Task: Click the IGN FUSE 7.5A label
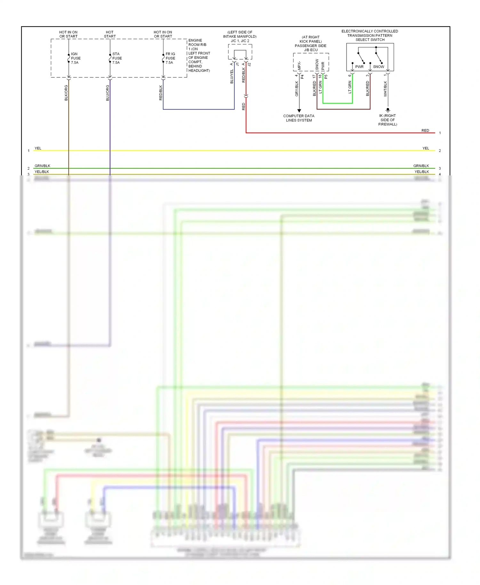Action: tap(76, 58)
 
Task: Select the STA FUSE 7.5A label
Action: tap(117, 58)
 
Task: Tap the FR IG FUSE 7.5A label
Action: tap(170, 58)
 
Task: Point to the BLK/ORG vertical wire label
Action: tap(66, 93)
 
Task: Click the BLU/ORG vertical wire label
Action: tap(108, 93)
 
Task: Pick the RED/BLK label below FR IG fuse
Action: tap(161, 93)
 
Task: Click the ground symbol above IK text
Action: tap(388, 110)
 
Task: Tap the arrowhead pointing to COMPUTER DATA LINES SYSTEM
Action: tap(299, 111)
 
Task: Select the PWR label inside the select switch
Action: tap(359, 67)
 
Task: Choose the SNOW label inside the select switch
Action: tap(379, 67)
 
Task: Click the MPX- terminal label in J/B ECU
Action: tap(299, 66)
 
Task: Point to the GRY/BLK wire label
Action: tap(297, 89)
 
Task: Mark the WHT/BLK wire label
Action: tap(385, 89)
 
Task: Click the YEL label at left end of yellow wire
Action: tap(38, 148)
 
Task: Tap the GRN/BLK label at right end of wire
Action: tap(421, 166)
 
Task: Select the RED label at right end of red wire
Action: tap(425, 131)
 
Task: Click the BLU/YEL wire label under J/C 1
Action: tap(232, 77)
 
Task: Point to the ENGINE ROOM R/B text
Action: tap(197, 43)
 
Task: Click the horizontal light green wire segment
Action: tap(338, 103)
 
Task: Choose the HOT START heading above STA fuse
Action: tap(110, 34)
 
